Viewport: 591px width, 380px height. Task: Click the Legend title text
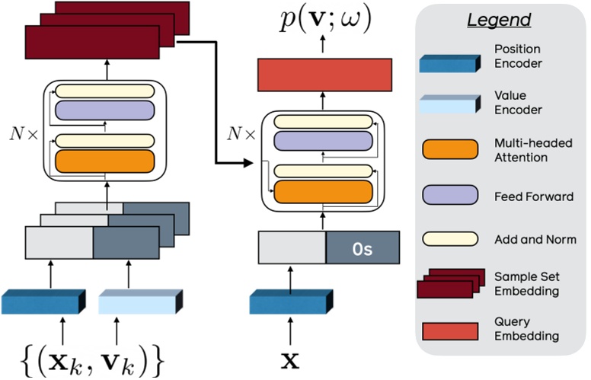tap(500, 21)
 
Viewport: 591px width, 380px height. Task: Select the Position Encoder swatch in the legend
tap(449, 64)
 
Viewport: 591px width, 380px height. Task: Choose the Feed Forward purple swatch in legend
tap(449, 196)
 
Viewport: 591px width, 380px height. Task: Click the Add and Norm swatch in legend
tap(449, 239)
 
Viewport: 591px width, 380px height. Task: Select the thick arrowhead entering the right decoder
tap(248, 163)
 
